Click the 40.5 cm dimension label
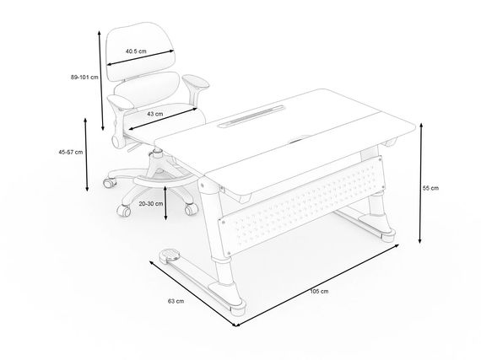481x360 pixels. coord(136,51)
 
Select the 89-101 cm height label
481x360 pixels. coord(84,78)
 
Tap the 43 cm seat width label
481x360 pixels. coord(155,114)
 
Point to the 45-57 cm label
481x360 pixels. coord(71,152)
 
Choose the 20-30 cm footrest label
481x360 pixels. coord(151,203)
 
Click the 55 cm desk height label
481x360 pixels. coord(430,188)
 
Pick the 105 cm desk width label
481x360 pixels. coord(319,291)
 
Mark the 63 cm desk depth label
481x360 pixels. coord(176,301)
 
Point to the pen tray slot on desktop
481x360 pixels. coord(251,116)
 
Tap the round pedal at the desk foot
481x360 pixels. coord(170,255)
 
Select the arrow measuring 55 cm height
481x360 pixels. coord(421,183)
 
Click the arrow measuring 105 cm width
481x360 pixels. coord(317,285)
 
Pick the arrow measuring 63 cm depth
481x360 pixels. coord(193,293)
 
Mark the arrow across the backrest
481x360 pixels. coord(140,57)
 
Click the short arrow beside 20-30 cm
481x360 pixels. coord(165,203)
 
